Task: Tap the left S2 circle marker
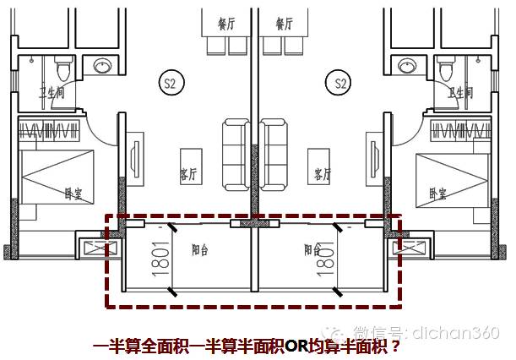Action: coord(171,83)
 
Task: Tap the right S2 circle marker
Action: coord(341,83)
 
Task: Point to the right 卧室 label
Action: coord(437,193)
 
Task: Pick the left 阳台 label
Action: coord(200,250)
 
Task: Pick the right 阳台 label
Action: coord(312,250)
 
